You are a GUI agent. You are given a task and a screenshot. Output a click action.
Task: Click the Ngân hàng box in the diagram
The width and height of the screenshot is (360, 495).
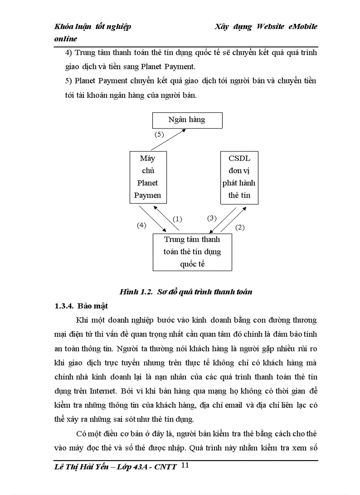pos(187,120)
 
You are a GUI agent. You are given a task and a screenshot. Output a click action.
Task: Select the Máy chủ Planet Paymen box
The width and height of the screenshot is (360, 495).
pos(148,177)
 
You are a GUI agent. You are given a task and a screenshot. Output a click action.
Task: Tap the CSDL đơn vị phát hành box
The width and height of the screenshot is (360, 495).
pos(239,177)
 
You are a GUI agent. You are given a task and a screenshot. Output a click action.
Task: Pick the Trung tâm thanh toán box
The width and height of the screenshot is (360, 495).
pos(192,252)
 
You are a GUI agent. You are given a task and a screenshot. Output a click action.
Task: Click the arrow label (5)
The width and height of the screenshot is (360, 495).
pos(159,135)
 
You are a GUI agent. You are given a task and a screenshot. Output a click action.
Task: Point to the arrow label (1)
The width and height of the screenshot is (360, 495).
pos(177,219)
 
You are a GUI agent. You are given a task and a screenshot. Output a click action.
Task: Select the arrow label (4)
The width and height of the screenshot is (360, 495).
pos(141,225)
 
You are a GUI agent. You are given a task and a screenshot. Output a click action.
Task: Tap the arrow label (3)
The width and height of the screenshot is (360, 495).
pos(212,218)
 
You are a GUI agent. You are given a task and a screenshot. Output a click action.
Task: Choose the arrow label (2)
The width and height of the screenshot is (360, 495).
pos(240,227)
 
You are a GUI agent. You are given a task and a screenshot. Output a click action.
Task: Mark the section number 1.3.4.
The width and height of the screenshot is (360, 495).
pos(64,305)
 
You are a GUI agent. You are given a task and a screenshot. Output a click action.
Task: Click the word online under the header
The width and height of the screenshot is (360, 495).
pos(66,39)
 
